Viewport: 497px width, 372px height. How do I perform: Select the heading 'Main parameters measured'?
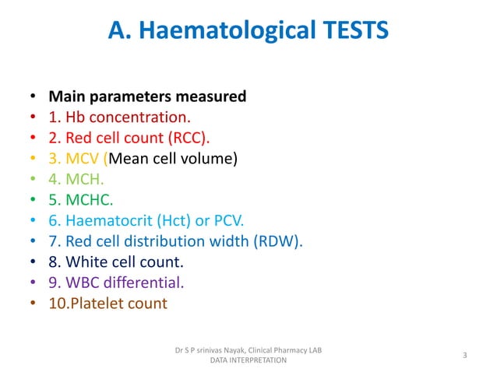click(x=147, y=97)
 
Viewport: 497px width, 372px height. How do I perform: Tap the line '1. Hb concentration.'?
click(x=119, y=118)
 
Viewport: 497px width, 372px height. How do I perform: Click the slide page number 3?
click(x=464, y=356)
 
